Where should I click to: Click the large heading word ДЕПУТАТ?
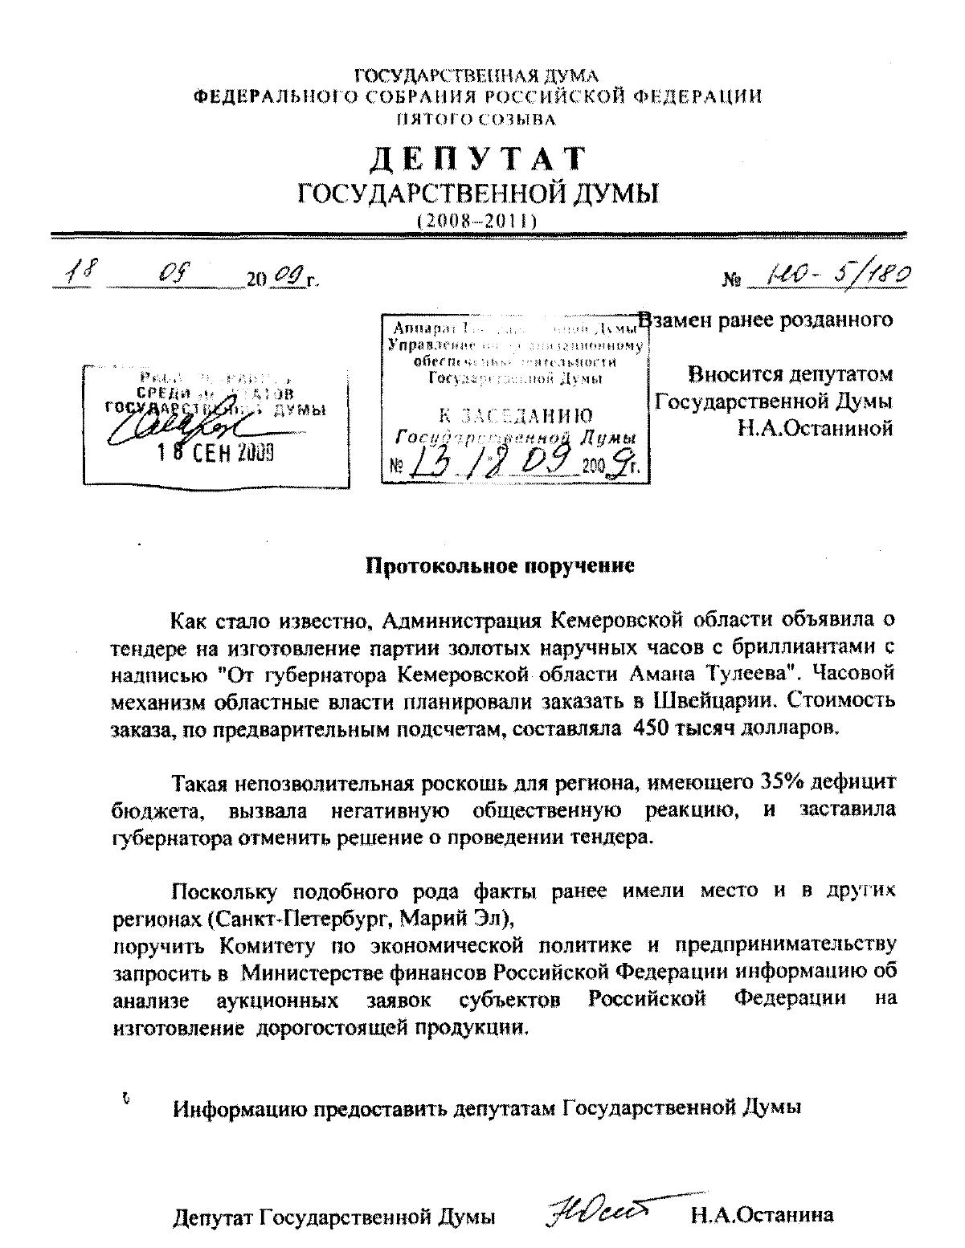tap(478, 159)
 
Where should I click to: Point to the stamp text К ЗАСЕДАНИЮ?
tap(515, 415)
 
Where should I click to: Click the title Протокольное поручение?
tap(500, 565)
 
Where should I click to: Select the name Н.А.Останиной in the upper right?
tap(816, 428)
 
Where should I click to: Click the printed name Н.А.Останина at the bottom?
tap(762, 1215)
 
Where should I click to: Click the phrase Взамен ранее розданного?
tap(766, 320)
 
